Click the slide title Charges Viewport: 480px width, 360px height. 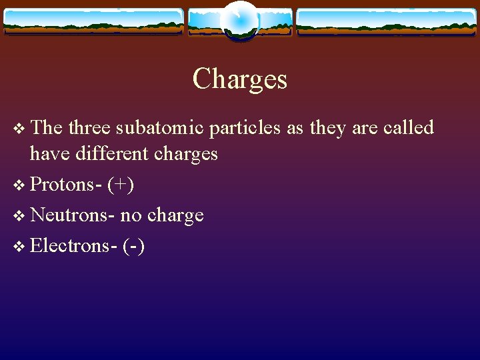240,79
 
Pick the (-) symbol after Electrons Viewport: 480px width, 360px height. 134,246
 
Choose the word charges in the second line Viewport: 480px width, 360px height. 186,154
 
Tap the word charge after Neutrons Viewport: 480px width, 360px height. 175,215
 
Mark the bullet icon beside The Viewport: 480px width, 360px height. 19,128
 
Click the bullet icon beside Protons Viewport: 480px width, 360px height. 19,185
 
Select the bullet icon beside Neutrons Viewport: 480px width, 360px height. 19,215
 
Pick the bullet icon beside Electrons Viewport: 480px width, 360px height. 19,246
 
